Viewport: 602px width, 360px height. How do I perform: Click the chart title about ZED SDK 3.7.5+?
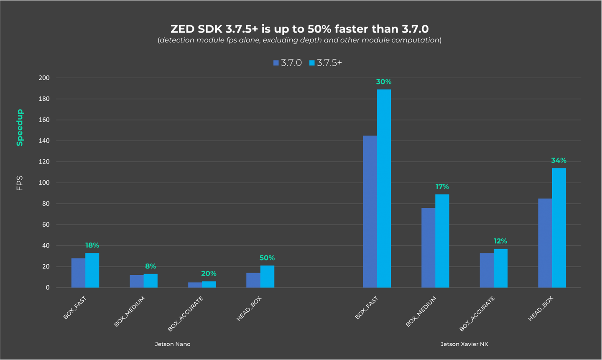(299, 29)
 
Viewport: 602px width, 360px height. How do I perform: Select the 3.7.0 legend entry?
(288, 63)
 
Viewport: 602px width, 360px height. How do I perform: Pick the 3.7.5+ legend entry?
(325, 63)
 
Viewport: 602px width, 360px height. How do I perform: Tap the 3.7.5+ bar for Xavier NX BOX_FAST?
(384, 188)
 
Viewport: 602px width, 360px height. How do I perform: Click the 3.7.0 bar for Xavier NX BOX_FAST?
(370, 211)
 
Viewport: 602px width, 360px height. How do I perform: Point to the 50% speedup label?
(267, 258)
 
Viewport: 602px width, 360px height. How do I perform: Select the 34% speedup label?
(559, 161)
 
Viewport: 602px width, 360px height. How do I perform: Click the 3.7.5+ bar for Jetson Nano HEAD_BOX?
(267, 276)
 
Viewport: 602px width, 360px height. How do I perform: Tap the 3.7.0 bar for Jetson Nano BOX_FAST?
(78, 273)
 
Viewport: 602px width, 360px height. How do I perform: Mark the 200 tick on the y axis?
(44, 78)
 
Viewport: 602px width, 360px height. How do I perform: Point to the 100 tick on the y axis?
(44, 183)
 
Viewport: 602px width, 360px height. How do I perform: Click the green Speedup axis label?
(20, 128)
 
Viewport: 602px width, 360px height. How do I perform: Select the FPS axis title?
(20, 183)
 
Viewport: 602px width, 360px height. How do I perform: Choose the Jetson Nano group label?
(173, 344)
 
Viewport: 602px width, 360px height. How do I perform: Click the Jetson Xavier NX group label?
(464, 344)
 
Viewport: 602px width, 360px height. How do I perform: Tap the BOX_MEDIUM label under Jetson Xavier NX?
(421, 311)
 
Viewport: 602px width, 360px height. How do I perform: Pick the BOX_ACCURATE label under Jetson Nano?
(186, 314)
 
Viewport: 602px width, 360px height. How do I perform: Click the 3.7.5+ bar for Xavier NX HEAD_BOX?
(559, 228)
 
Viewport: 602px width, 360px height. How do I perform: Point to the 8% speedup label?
(150, 266)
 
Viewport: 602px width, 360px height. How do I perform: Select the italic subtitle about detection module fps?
(299, 40)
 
